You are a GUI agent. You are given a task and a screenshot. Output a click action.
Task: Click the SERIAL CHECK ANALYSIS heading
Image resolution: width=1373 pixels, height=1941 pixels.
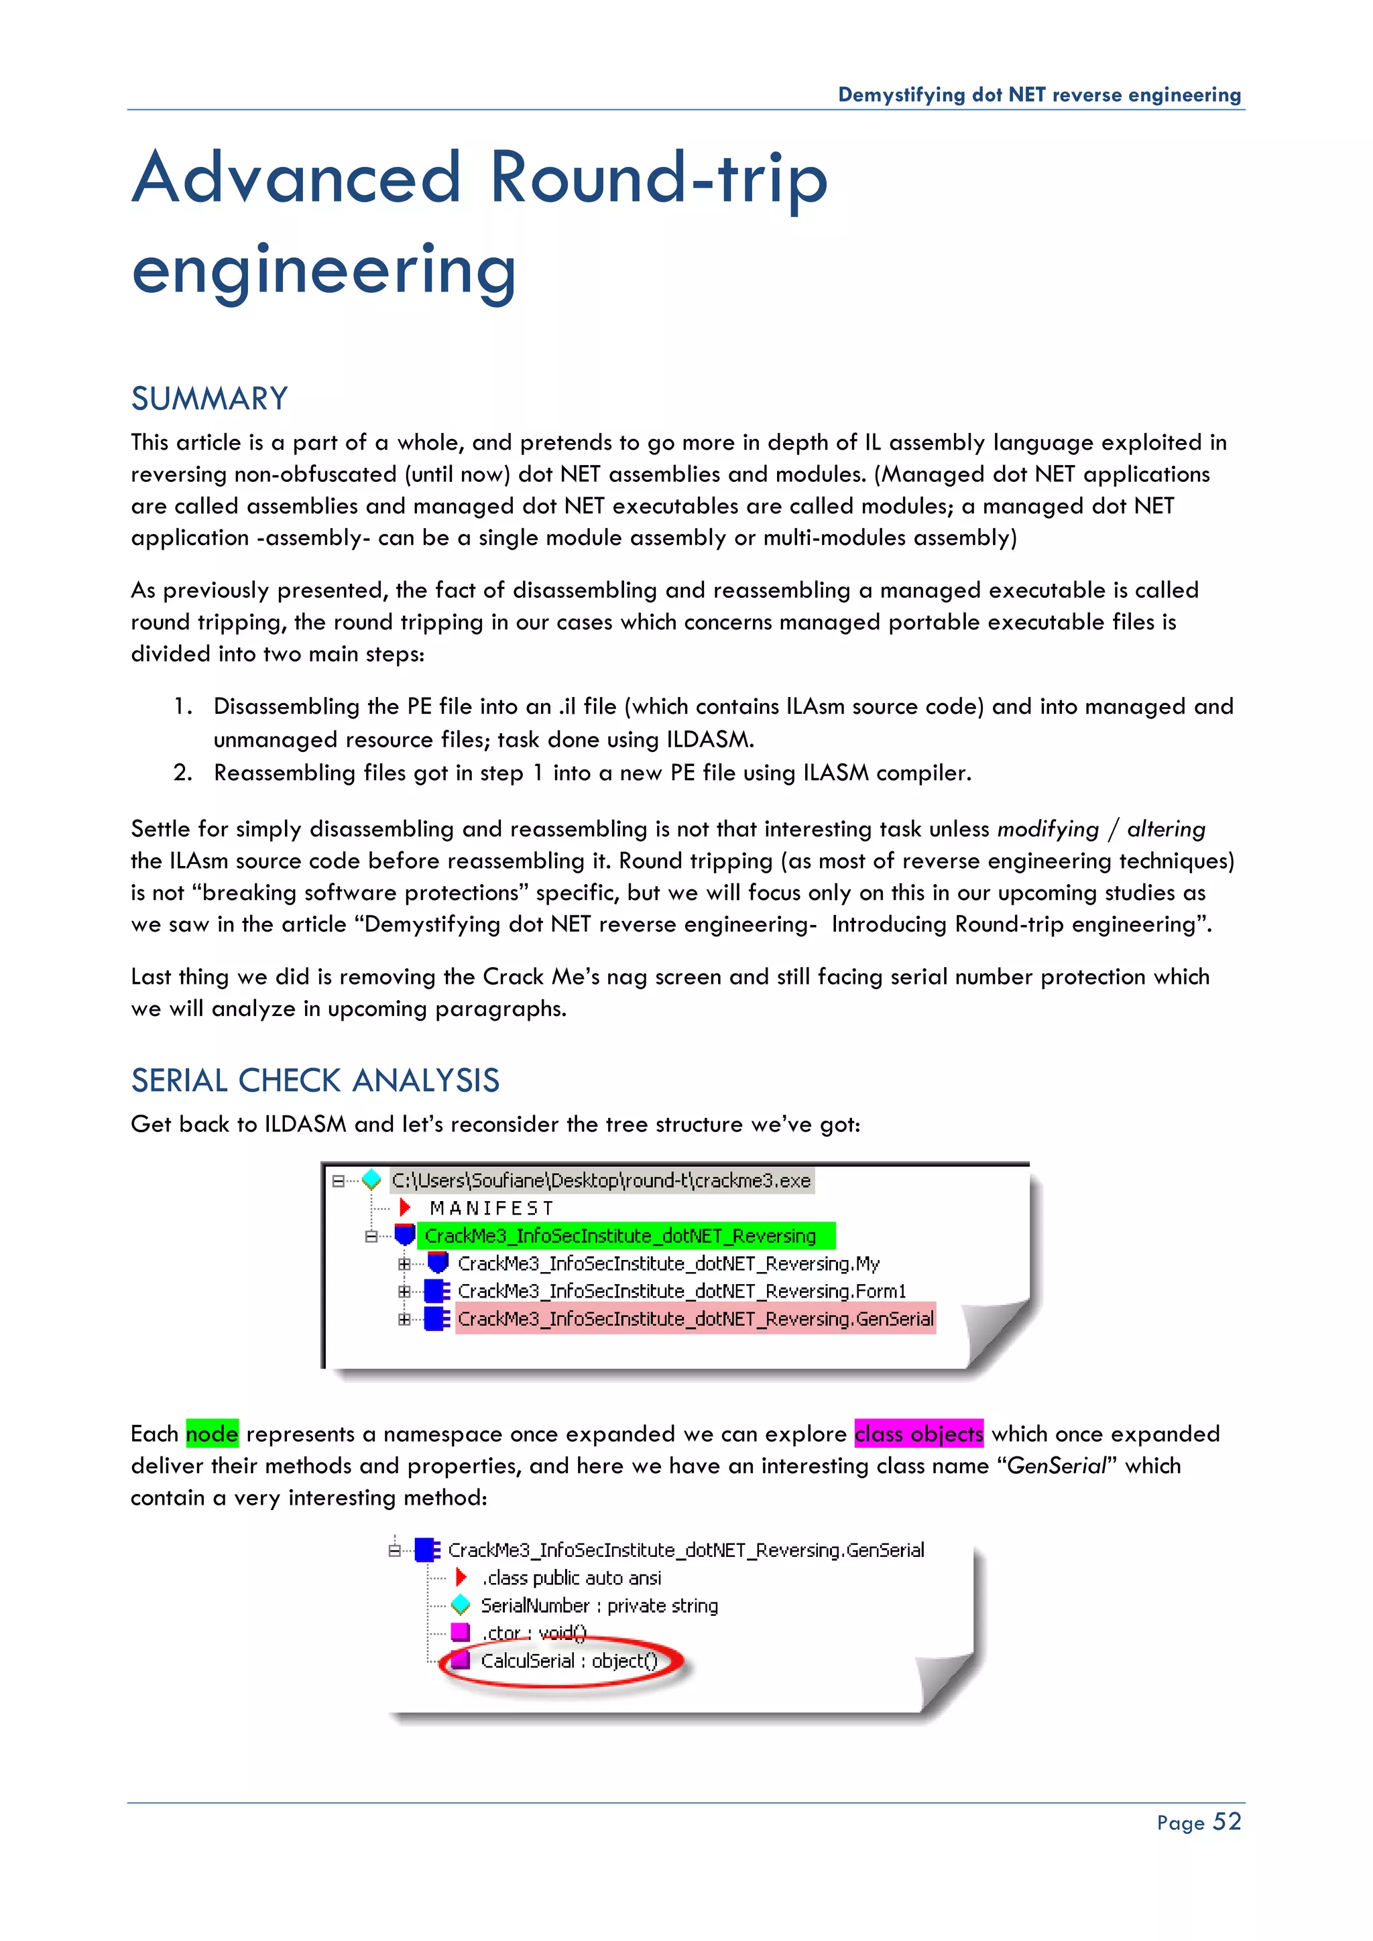pyautogui.click(x=314, y=1080)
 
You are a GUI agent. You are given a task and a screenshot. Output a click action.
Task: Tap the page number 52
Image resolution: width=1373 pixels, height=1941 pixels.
pyautogui.click(x=1227, y=1821)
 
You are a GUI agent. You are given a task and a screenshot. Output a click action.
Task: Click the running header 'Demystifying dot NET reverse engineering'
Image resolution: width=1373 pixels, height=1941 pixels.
pyautogui.click(x=1039, y=95)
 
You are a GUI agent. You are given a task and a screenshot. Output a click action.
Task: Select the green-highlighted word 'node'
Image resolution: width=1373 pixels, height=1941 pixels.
pyautogui.click(x=213, y=1434)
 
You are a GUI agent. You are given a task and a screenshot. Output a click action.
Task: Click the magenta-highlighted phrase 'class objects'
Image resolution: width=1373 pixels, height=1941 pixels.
pyautogui.click(x=919, y=1434)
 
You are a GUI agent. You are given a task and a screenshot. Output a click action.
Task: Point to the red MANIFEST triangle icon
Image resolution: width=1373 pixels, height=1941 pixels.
pyautogui.click(x=405, y=1207)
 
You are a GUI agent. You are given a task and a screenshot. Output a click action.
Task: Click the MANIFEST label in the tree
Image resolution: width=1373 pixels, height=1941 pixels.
pyautogui.click(x=491, y=1208)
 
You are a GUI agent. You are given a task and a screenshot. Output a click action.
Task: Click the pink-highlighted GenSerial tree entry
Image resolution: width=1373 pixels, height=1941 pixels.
pyautogui.click(x=695, y=1319)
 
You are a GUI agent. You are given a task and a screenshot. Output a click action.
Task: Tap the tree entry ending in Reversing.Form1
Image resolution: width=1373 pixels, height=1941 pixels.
pyautogui.click(x=681, y=1291)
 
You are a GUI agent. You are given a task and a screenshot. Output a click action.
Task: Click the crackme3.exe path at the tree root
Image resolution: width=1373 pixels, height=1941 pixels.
pyautogui.click(x=601, y=1180)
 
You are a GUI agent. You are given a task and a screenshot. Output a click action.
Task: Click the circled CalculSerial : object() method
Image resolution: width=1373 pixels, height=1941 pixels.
pyautogui.click(x=568, y=1662)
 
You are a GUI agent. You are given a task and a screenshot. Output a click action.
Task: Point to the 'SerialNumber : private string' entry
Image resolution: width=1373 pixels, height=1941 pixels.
pyautogui.click(x=599, y=1605)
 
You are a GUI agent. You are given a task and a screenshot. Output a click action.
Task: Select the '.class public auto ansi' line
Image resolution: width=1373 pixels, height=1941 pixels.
pyautogui.click(x=571, y=1578)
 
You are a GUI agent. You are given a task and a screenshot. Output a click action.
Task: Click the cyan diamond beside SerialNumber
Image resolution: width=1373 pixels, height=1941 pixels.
pyautogui.click(x=461, y=1605)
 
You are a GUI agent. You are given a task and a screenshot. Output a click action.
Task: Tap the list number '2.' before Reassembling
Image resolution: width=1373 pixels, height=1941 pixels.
pyautogui.click(x=182, y=773)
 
